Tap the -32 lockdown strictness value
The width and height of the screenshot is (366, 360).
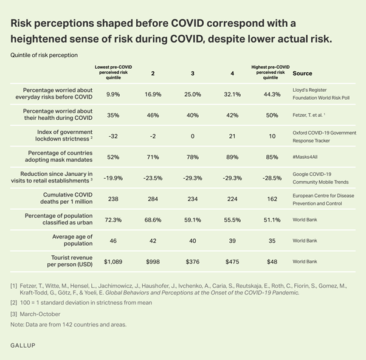pyautogui.click(x=114, y=136)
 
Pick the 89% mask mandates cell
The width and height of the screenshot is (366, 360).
pyautogui.click(x=232, y=157)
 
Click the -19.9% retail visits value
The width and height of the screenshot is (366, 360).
pyautogui.click(x=114, y=178)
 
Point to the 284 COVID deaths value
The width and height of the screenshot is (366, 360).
pyautogui.click(x=152, y=199)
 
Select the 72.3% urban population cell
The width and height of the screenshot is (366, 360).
pyautogui.click(x=114, y=220)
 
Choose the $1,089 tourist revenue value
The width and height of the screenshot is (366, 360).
pyautogui.click(x=114, y=261)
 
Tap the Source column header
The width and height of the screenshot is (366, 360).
pyautogui.click(x=302, y=74)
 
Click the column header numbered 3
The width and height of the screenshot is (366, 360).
pyautogui.click(x=192, y=74)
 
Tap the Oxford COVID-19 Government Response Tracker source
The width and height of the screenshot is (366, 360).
pyautogui.click(x=324, y=136)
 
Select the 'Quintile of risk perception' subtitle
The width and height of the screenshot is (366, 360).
pyautogui.click(x=44, y=55)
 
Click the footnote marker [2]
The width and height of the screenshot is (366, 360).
pyautogui.click(x=14, y=302)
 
